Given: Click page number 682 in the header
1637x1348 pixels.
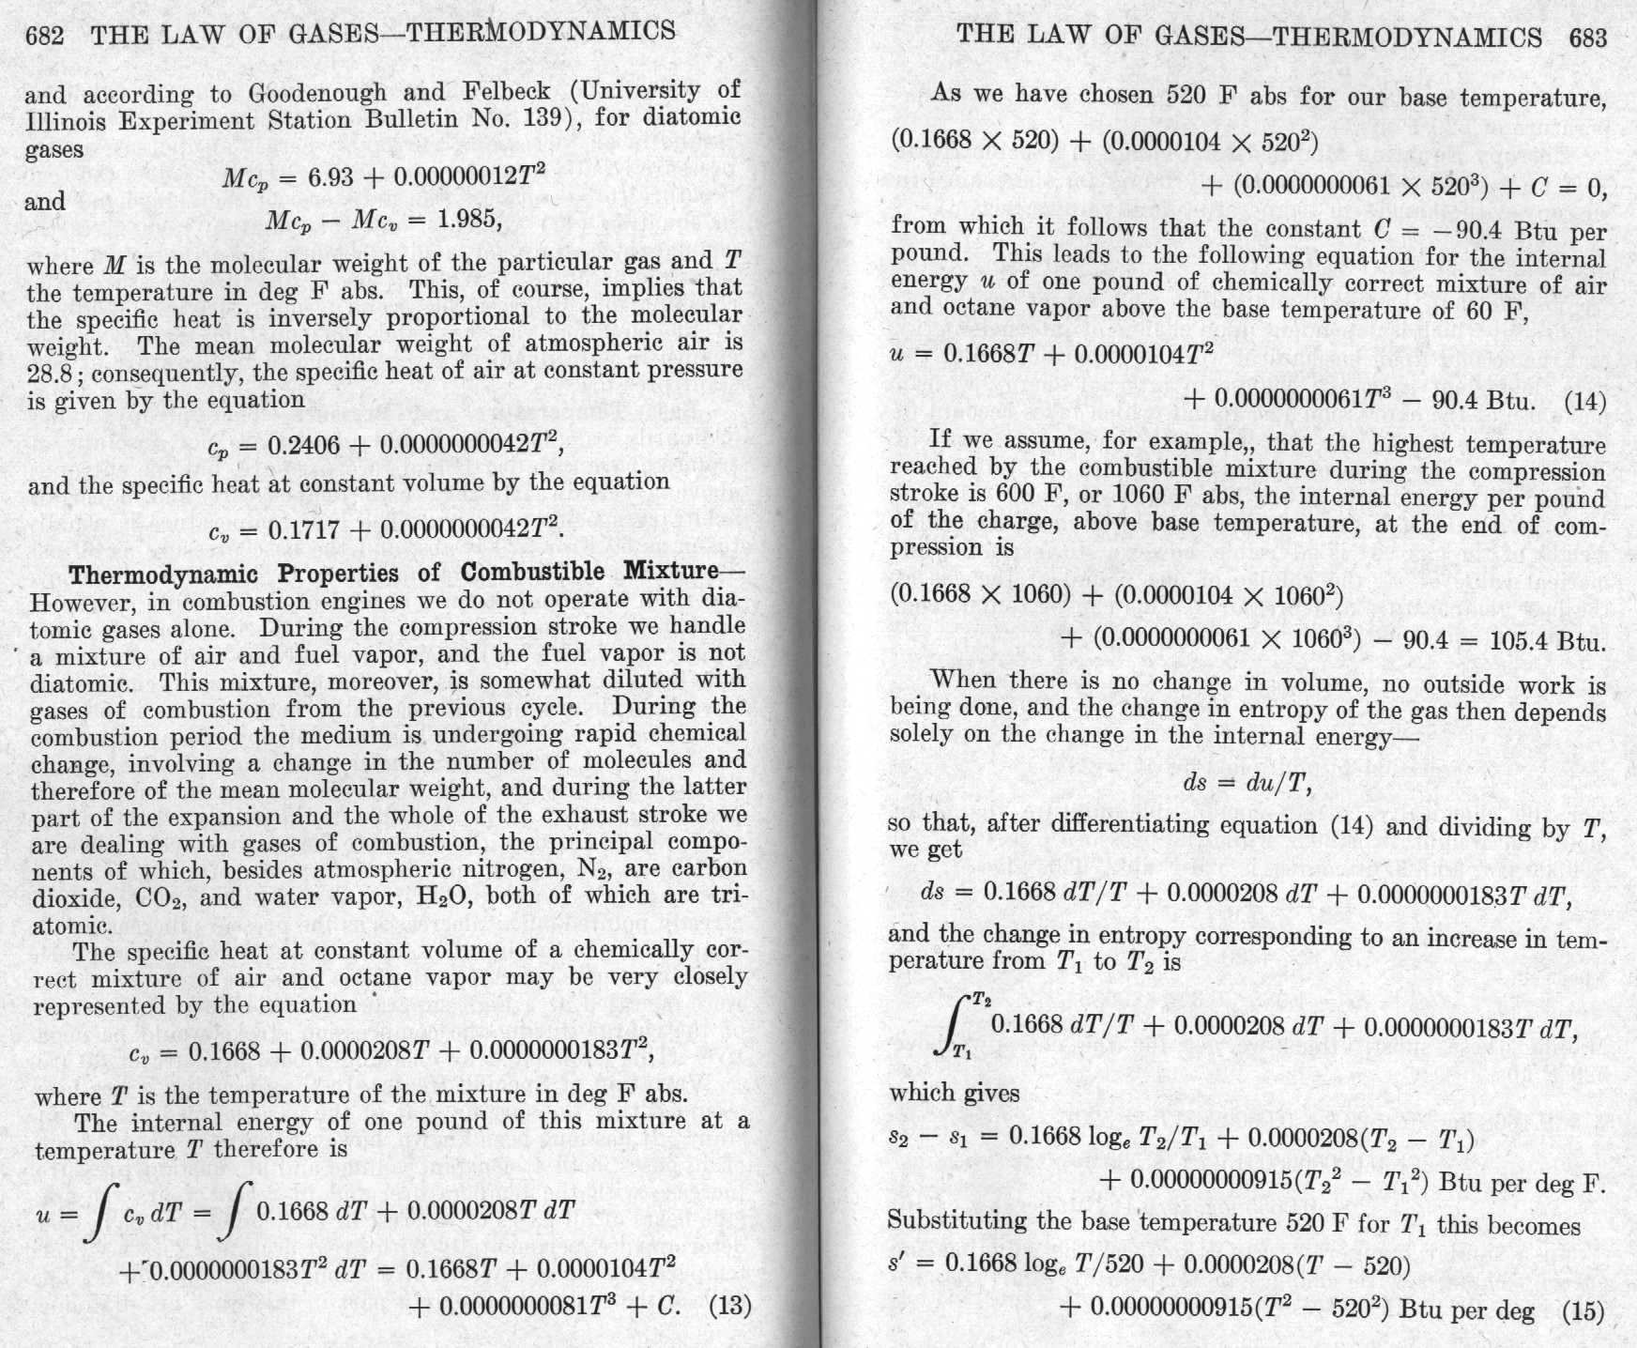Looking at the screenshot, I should click(44, 36).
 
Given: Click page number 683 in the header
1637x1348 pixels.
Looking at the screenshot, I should click(1587, 38).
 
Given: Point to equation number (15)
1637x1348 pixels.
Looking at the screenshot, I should click(1583, 1310).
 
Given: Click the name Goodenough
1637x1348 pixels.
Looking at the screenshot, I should click(316, 93).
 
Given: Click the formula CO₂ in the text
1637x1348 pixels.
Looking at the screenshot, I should click(164, 898).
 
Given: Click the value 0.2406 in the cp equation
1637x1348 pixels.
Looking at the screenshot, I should click(303, 445).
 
